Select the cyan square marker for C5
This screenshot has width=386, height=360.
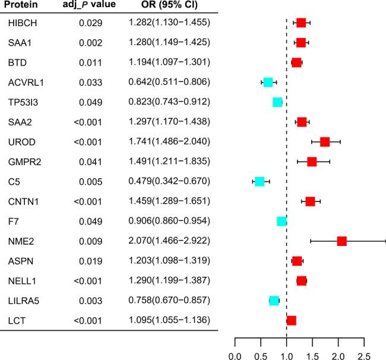pyautogui.click(x=260, y=181)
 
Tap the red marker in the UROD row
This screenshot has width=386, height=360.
pyautogui.click(x=324, y=141)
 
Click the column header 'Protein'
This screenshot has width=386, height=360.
pyautogui.click(x=23, y=6)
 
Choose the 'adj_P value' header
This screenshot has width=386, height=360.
pyautogui.click(x=89, y=6)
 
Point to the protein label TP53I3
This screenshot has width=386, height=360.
pyautogui.click(x=23, y=102)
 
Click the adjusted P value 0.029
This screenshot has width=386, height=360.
pyautogui.click(x=95, y=23)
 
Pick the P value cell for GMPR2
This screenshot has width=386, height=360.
pyautogui.click(x=95, y=162)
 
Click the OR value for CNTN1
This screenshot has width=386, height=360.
pyautogui.click(x=169, y=201)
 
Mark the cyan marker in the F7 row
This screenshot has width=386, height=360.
pyautogui.click(x=282, y=221)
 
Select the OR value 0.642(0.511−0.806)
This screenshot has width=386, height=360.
pyautogui.click(x=169, y=82)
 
